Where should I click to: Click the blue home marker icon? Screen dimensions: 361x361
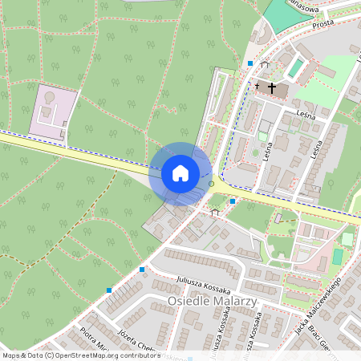[x=180, y=173]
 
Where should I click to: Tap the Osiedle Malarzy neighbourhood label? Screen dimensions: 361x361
[x=212, y=301]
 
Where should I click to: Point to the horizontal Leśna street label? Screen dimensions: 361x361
[x=307, y=113]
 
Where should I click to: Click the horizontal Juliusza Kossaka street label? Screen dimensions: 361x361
[x=204, y=287]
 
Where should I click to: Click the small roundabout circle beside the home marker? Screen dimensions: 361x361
[x=212, y=185]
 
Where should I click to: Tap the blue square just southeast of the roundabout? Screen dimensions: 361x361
[x=233, y=201]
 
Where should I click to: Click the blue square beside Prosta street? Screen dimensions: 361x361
[x=250, y=63]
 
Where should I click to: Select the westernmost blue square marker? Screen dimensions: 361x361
[x=110, y=290]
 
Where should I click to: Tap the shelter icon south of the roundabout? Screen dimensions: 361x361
[x=214, y=213]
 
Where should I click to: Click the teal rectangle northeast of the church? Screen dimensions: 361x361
[x=297, y=68]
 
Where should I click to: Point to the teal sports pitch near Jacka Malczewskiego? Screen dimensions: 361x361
[x=338, y=256]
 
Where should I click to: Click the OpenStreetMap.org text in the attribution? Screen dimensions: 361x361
[x=87, y=355]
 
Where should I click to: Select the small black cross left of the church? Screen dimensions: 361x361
[x=258, y=84]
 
